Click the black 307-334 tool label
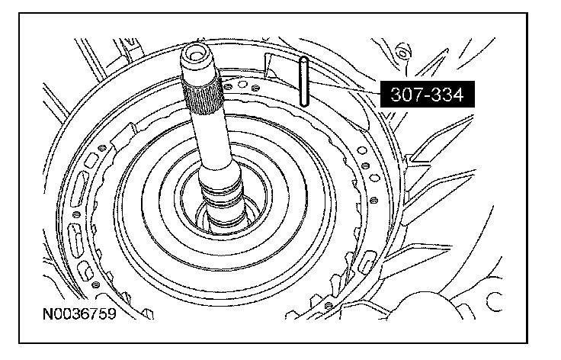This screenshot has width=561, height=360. click(x=427, y=94)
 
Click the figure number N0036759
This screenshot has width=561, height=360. click(x=79, y=313)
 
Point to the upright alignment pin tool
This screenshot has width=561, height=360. click(x=303, y=82)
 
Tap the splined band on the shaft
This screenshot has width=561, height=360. click(x=203, y=95)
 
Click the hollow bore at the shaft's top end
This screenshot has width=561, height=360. click(x=195, y=55)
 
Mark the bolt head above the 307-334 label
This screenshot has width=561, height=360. click(x=403, y=53)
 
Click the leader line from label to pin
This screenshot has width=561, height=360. click(x=344, y=87)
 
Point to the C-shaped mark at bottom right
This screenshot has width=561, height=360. click(x=494, y=301)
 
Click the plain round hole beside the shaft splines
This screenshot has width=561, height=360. click(x=242, y=84)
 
